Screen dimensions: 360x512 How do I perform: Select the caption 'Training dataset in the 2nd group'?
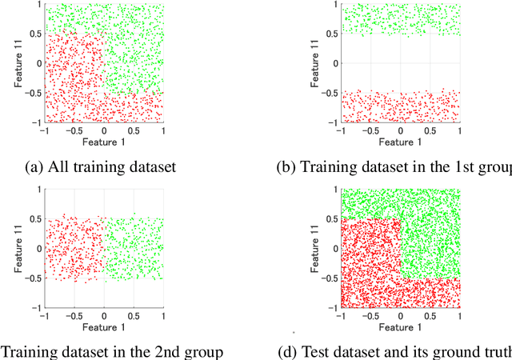[111, 351]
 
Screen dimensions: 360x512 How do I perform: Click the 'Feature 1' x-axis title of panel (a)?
[104, 140]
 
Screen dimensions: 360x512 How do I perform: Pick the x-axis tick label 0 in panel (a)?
[104, 130]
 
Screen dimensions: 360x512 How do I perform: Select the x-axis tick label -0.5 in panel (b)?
[369, 130]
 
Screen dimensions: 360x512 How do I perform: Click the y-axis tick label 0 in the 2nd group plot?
[38, 248]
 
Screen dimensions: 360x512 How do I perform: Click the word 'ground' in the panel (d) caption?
[458, 351]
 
